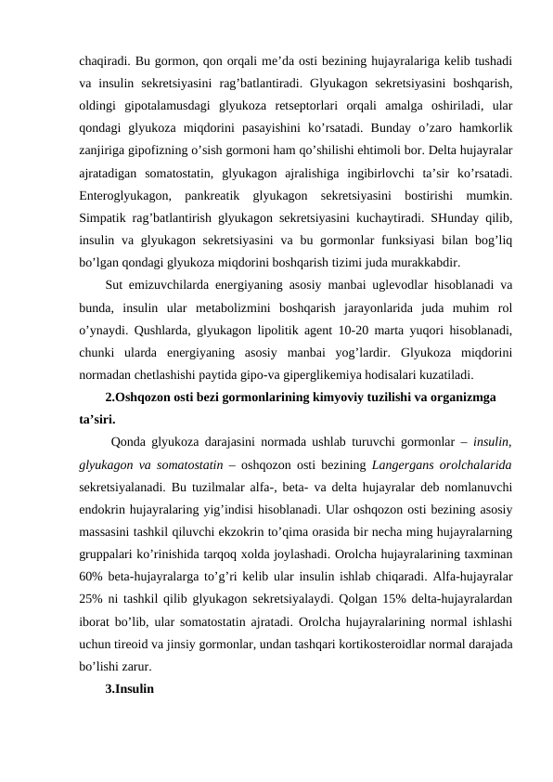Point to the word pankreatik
coord(217,196)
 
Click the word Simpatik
coord(102,218)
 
